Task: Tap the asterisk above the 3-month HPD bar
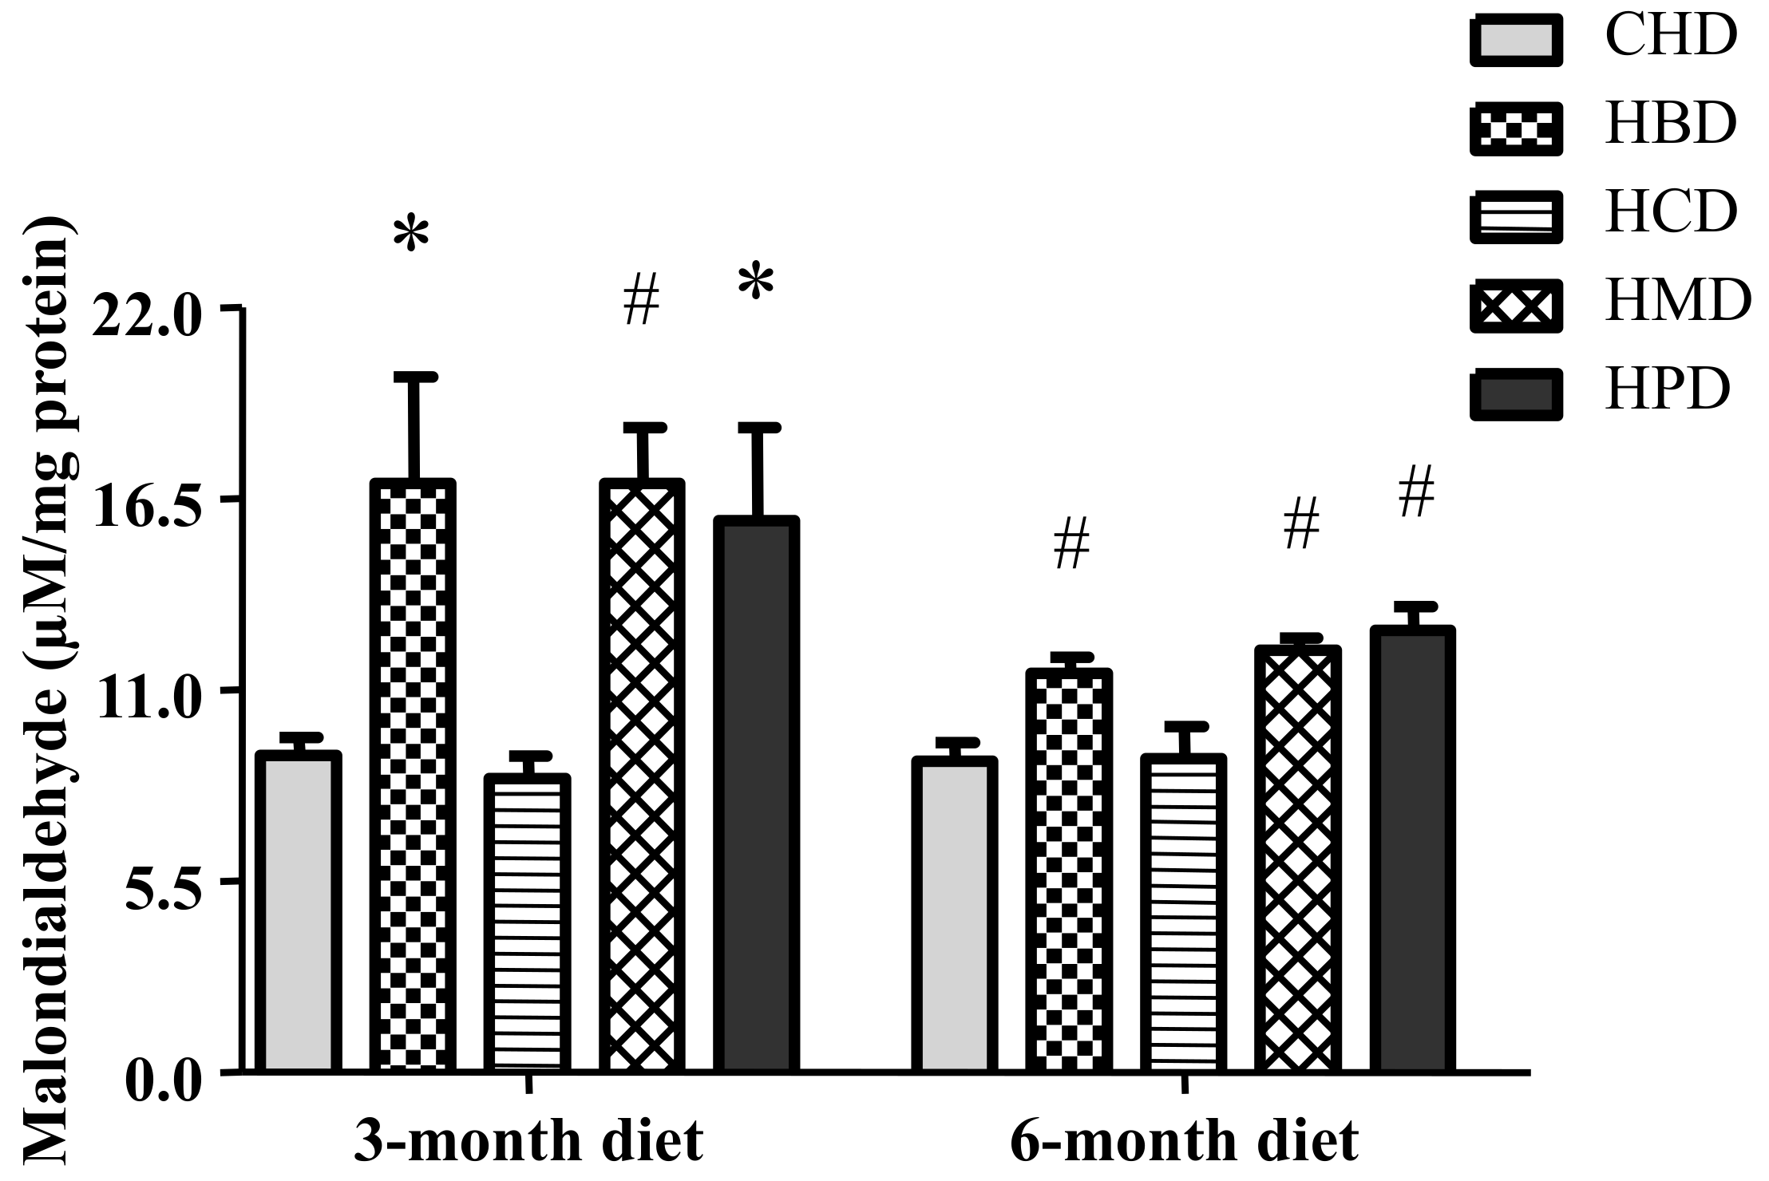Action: point(755,283)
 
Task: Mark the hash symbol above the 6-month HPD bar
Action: point(1416,493)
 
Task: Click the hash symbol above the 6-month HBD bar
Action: point(1071,543)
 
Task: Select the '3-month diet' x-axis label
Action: point(528,1142)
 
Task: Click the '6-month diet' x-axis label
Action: point(1184,1142)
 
